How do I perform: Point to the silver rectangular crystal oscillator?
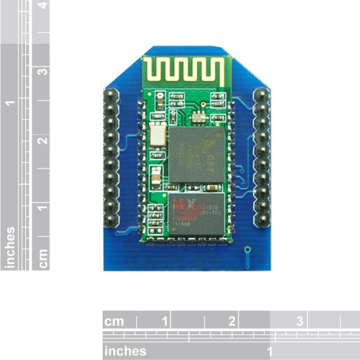157,136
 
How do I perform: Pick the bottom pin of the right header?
261,221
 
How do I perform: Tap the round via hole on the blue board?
246,249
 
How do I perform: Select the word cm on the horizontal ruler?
114,322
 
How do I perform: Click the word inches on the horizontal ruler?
125,351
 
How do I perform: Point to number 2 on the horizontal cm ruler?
232,321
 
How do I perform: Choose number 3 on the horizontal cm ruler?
300,321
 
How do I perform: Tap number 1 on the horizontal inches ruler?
270,351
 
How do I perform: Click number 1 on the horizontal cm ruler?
164,321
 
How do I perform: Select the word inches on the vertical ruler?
10,247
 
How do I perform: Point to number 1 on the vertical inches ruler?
10,103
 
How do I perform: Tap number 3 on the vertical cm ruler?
43,72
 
